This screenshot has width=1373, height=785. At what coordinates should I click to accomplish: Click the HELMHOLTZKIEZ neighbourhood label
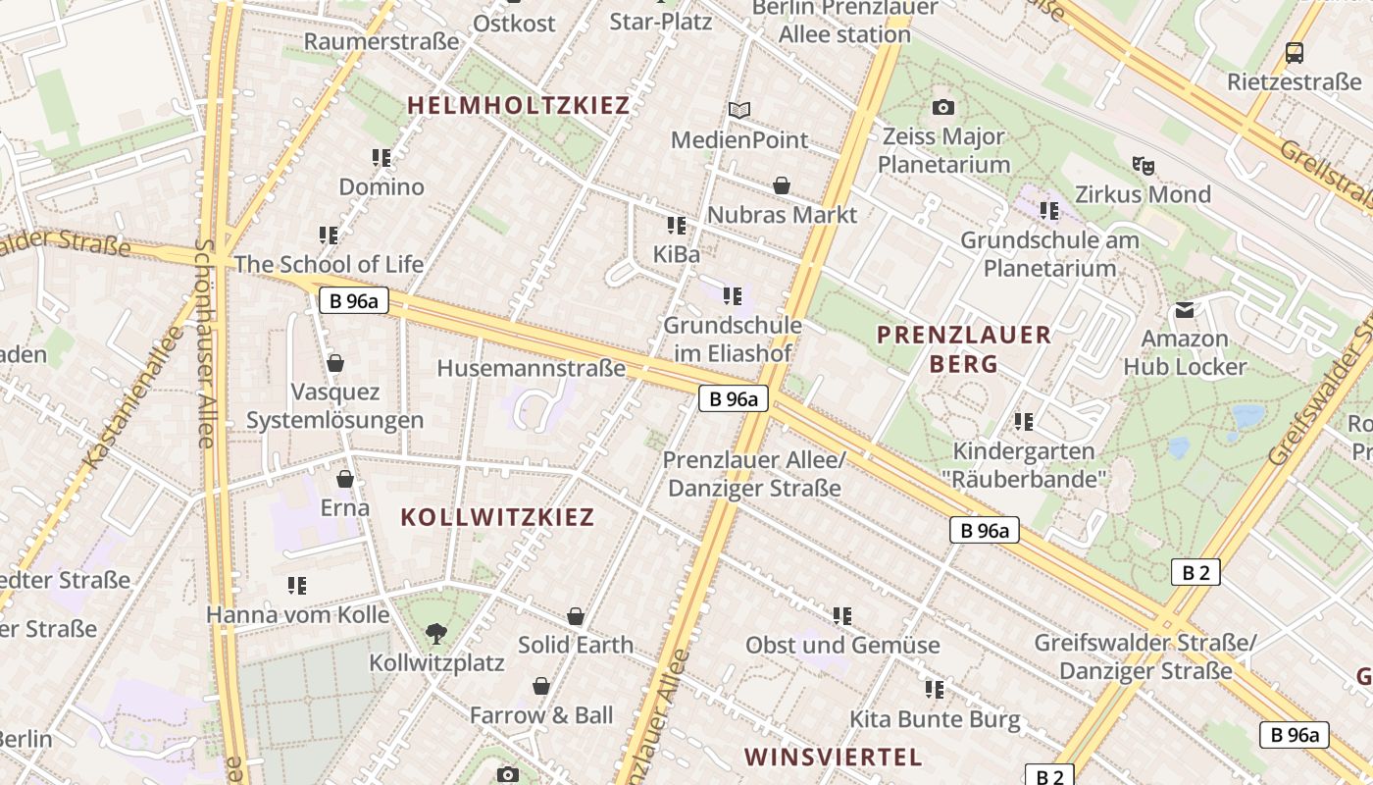click(518, 105)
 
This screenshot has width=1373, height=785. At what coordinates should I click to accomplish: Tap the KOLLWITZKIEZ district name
click(497, 517)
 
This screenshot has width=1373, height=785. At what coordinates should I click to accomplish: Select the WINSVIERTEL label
click(833, 757)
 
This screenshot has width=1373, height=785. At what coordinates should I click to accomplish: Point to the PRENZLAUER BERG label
click(963, 348)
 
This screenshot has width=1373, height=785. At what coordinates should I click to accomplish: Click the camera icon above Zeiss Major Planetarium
click(943, 107)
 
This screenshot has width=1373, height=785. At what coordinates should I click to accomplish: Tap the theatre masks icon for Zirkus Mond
click(1143, 165)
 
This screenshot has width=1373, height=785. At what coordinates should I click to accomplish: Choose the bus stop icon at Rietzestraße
click(1295, 53)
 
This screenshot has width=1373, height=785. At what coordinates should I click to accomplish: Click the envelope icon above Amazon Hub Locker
click(1185, 310)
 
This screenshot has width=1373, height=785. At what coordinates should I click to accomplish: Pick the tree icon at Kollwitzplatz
click(436, 634)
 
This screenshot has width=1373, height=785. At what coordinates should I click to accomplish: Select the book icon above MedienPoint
click(739, 111)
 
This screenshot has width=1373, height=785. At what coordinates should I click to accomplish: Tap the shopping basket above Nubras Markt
click(782, 185)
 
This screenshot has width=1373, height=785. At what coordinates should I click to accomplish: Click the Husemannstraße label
click(531, 368)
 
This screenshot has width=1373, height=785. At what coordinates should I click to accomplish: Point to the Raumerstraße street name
click(381, 41)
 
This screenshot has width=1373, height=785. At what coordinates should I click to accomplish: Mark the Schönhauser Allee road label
click(205, 343)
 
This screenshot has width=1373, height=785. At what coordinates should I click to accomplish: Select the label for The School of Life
click(329, 264)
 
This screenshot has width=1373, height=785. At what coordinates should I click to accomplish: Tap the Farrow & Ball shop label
click(540, 715)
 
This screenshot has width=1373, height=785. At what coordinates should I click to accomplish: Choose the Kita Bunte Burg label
click(935, 719)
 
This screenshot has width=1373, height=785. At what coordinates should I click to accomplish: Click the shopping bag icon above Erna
click(345, 479)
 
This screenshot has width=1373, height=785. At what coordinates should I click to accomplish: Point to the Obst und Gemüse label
click(842, 645)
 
